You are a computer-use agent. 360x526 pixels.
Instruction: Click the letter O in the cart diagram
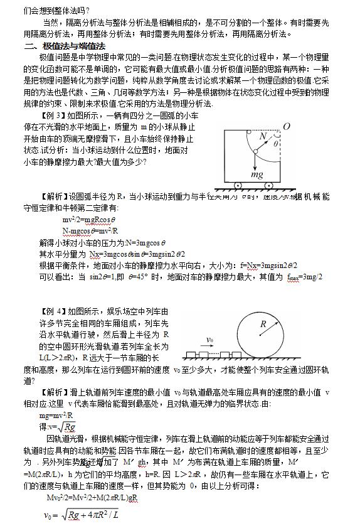tap(286, 127)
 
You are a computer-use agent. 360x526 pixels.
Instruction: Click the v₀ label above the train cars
tap(211, 340)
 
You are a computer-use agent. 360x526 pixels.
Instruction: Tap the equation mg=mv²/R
tap(57, 416)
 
